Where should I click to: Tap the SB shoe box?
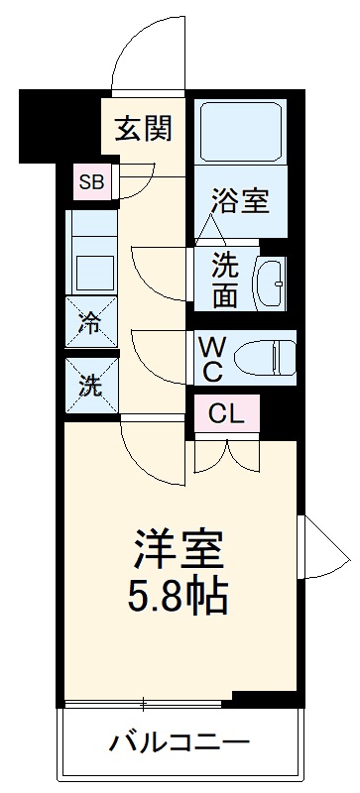click(91, 181)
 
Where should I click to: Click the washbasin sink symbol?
click(271, 282)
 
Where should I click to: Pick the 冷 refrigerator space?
click(90, 322)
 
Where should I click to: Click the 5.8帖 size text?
click(180, 597)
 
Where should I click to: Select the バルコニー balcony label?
click(180, 741)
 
